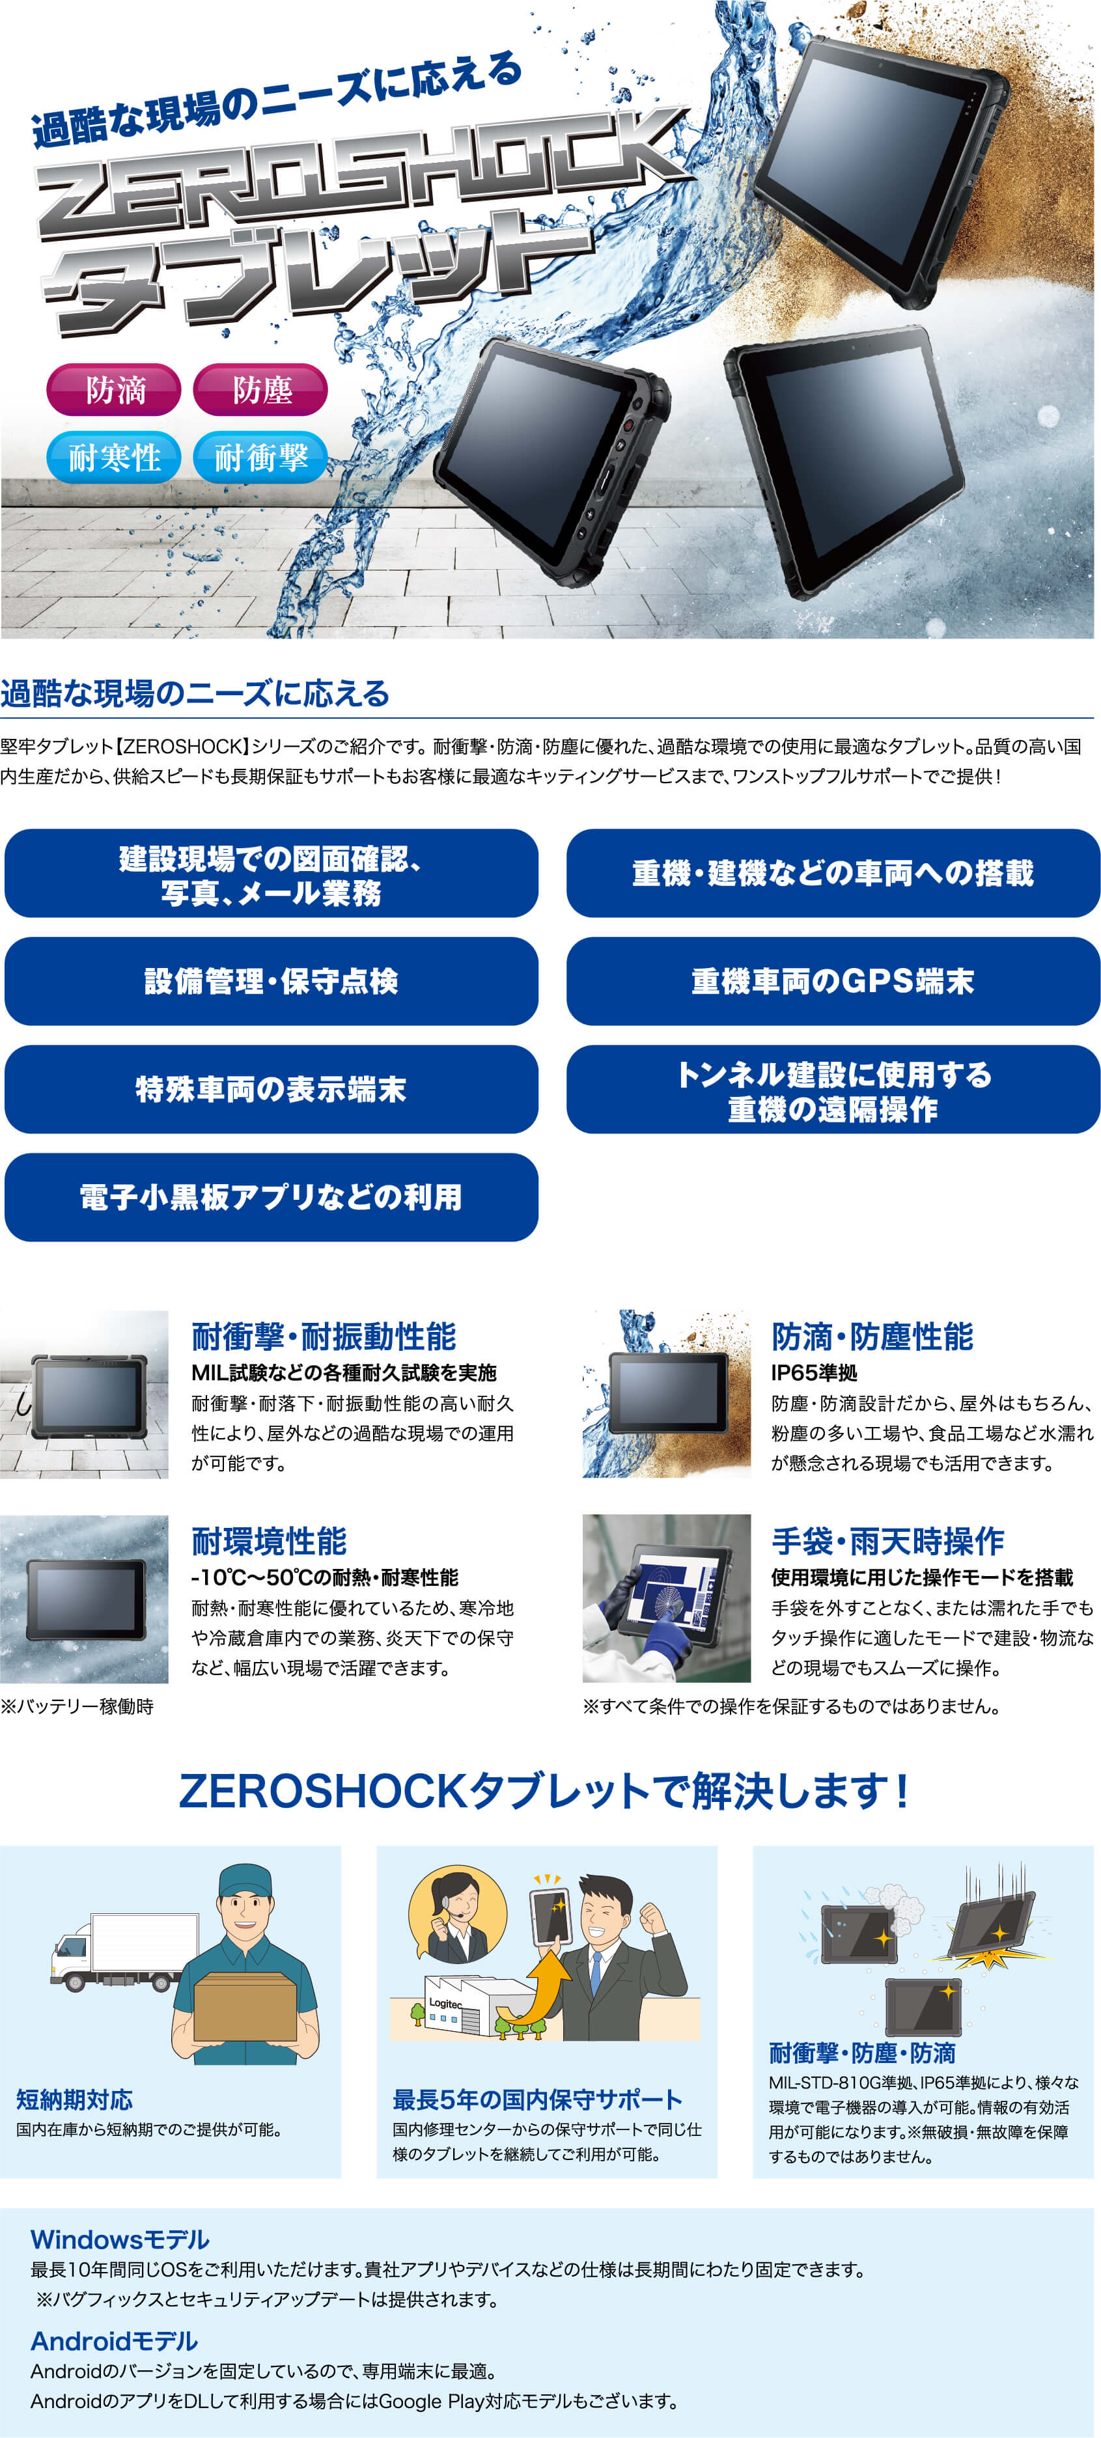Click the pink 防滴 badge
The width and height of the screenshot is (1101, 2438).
click(x=113, y=389)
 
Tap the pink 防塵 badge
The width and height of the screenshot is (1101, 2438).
click(x=260, y=389)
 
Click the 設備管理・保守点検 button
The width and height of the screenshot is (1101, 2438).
click(x=272, y=982)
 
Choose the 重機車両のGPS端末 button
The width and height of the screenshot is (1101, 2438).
click(x=833, y=982)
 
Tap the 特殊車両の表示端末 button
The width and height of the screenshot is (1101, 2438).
click(x=272, y=1089)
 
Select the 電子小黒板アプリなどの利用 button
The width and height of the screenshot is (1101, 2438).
click(x=272, y=1197)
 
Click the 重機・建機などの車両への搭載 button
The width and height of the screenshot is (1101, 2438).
click(x=833, y=872)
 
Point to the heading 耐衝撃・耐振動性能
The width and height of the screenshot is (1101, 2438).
click(x=324, y=1337)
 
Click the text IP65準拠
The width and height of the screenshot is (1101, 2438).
click(x=814, y=1372)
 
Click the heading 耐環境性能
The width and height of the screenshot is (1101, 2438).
click(x=269, y=1542)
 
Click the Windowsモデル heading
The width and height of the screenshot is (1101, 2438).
click(x=120, y=2239)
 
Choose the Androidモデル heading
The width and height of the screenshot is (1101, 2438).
click(x=115, y=2340)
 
